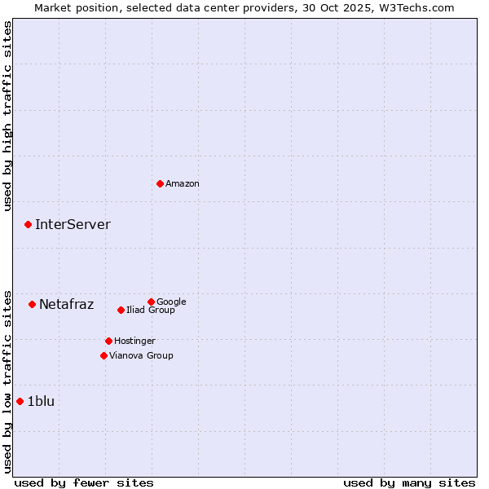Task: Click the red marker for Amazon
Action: pyautogui.click(x=160, y=183)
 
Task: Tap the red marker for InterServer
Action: pyautogui.click(x=28, y=224)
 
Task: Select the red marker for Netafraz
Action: pyautogui.click(x=32, y=304)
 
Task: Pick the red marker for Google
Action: pyautogui.click(x=151, y=302)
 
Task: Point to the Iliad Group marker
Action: pyautogui.click(x=121, y=310)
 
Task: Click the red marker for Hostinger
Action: pyautogui.click(x=108, y=341)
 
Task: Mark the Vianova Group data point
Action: pyautogui.click(x=104, y=355)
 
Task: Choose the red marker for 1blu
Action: pyautogui.click(x=20, y=401)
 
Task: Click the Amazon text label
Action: pyautogui.click(x=183, y=184)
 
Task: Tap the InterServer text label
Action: pyautogui.click(x=73, y=225)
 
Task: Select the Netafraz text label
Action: pyautogui.click(x=67, y=305)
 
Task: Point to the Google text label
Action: pyautogui.click(x=171, y=302)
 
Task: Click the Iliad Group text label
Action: pyautogui.click(x=151, y=310)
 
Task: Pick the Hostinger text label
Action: pyautogui.click(x=134, y=341)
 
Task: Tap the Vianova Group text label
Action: pyautogui.click(x=141, y=355)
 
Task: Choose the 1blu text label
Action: pyautogui.click(x=41, y=401)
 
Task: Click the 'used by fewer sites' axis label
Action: pyautogui.click(x=84, y=482)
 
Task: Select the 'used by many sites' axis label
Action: pyautogui.click(x=409, y=482)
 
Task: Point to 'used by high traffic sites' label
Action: pyautogui.click(x=7, y=116)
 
